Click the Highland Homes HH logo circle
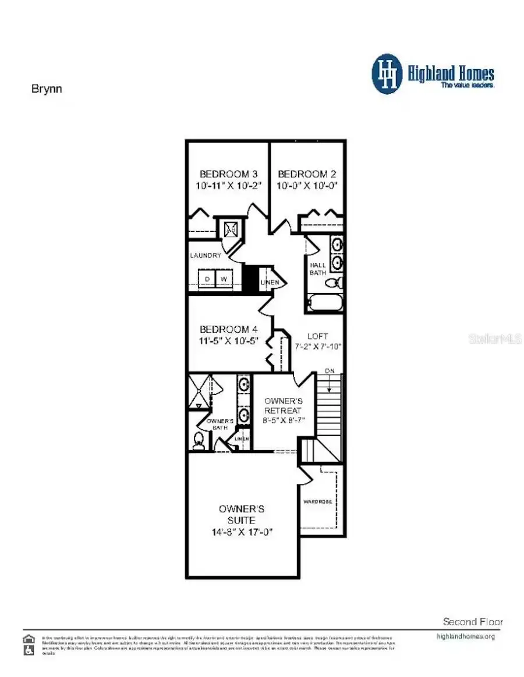(387, 74)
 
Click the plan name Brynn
(47, 89)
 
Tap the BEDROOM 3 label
(229, 174)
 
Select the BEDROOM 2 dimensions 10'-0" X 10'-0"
(307, 186)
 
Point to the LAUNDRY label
(206, 255)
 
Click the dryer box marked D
(206, 279)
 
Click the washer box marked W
(224, 279)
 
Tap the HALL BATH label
(318, 269)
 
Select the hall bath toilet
(334, 283)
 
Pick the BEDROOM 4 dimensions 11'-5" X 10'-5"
(229, 341)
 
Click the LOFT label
(317, 336)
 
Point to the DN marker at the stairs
(330, 371)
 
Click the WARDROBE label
(318, 501)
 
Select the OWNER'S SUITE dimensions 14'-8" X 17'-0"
(242, 532)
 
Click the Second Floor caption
(473, 622)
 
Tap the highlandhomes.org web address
(465, 636)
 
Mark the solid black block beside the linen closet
(250, 279)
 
